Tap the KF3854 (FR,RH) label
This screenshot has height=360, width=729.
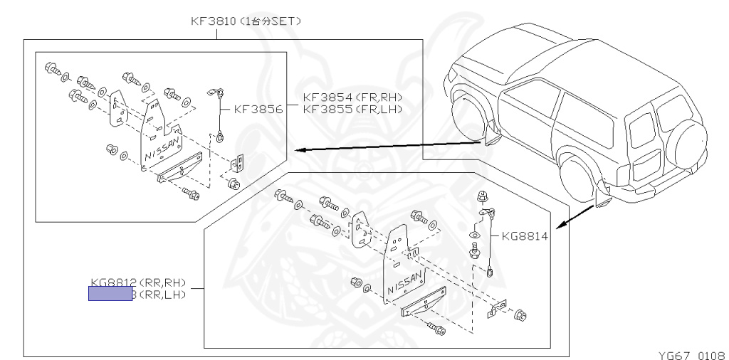click(352, 97)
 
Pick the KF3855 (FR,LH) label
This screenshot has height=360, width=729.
click(352, 109)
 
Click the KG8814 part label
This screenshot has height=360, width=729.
click(525, 236)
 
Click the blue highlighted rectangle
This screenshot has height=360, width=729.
click(110, 294)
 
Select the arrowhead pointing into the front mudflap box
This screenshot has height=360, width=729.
click(298, 150)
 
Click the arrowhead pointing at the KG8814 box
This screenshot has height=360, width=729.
click(560, 226)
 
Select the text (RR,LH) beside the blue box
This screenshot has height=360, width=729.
click(161, 294)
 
